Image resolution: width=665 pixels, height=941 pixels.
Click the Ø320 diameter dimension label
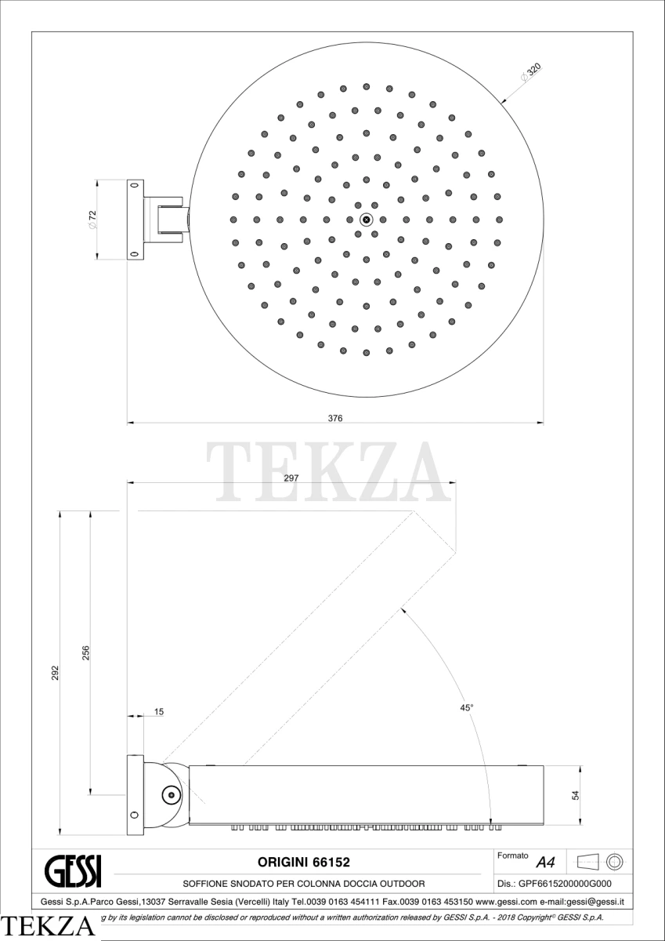pos(531,73)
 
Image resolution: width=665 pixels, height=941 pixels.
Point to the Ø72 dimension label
pos(92,220)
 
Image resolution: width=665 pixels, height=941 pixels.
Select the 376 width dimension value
pos(335,418)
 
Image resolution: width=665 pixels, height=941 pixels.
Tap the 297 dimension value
pos(291,478)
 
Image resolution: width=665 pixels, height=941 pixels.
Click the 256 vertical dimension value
pos(85,652)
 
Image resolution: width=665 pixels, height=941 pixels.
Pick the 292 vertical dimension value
pos(56,673)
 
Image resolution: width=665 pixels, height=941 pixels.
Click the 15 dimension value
pos(159,712)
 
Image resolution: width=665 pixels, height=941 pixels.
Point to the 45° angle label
pos(467,708)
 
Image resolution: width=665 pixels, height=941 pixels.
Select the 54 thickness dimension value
pos(576,795)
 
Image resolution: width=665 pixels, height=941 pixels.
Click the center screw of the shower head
pos(367,220)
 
